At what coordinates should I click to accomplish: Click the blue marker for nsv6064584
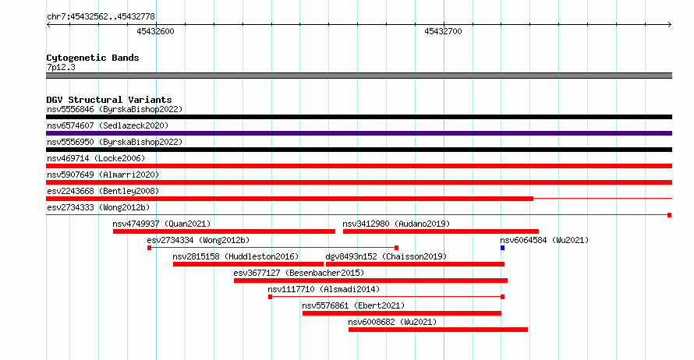coord(502,248)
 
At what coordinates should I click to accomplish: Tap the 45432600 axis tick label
coord(155,31)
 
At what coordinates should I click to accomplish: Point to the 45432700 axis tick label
coord(443,31)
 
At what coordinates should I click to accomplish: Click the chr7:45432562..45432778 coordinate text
coord(101,17)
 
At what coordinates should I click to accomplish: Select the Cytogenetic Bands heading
coord(93,58)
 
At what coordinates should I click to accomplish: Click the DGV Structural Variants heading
coord(109,100)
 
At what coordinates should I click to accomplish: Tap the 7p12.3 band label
coord(61,67)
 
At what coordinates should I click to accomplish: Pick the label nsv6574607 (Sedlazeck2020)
coord(108,125)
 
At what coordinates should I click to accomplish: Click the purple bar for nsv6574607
coord(359,133)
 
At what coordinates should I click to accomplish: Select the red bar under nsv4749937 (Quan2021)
coord(224,231)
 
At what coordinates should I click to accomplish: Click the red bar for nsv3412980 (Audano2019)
coord(441,231)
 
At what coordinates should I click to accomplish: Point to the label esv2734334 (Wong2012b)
coord(198,240)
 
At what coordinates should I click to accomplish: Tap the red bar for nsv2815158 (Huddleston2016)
coord(248,264)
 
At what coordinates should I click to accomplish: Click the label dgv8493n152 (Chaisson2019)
coord(386,256)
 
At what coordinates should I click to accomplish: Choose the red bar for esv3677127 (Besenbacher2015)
coord(371,281)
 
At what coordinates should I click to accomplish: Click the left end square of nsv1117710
coord(270,297)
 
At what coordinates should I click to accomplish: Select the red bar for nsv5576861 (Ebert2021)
coord(402,313)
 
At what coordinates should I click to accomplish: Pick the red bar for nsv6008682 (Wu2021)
coord(438,330)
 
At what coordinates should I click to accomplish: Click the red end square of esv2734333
coord(670,215)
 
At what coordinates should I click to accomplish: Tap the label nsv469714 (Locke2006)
coord(96,158)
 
